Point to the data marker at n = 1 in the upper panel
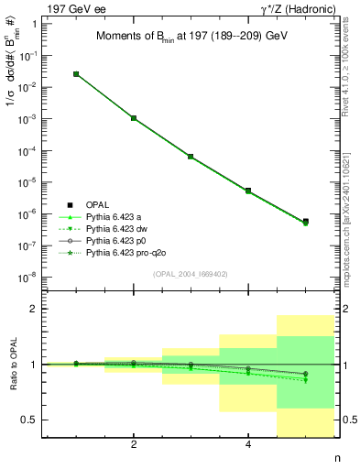click(x=76, y=74)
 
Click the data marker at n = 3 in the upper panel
click(x=191, y=157)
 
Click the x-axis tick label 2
click(x=134, y=445)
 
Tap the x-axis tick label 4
click(x=248, y=445)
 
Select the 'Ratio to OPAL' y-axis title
click(x=12, y=365)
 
